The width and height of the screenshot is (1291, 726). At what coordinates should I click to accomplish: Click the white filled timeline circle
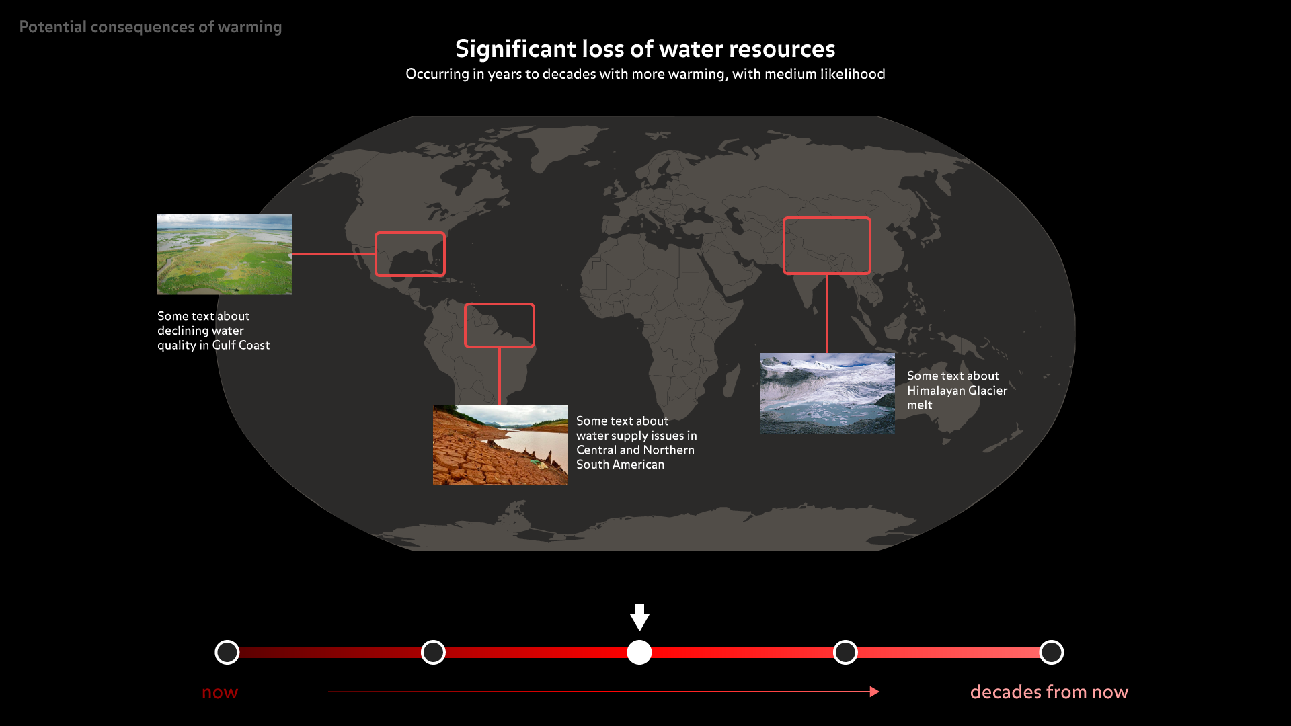pyautogui.click(x=639, y=652)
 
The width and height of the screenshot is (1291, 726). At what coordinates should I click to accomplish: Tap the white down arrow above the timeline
pyautogui.click(x=639, y=617)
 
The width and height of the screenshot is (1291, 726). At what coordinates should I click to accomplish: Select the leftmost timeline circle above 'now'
pyautogui.click(x=227, y=652)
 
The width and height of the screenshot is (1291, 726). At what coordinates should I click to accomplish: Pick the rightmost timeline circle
pyautogui.click(x=1052, y=652)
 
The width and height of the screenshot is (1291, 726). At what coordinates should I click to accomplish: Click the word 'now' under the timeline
pyautogui.click(x=220, y=692)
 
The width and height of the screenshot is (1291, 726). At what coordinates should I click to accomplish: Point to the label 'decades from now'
pyautogui.click(x=1049, y=692)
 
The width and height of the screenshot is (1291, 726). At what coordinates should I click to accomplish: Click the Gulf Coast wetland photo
pyautogui.click(x=224, y=254)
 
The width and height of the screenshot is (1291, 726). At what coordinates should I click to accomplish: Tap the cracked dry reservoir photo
pyautogui.click(x=500, y=445)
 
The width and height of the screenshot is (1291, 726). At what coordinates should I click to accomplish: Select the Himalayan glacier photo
pyautogui.click(x=827, y=393)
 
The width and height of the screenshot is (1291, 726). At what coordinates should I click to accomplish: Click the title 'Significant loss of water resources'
pyautogui.click(x=645, y=49)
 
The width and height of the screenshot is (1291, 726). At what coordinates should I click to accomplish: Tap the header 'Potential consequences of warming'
pyautogui.click(x=151, y=27)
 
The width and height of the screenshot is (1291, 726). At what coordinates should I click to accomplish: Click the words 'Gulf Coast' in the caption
pyautogui.click(x=241, y=345)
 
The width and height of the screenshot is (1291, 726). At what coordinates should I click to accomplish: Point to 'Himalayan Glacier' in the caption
pyautogui.click(x=957, y=391)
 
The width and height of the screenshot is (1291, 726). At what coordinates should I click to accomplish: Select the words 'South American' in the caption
pyautogui.click(x=620, y=465)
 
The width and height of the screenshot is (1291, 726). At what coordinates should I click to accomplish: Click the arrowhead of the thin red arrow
pyautogui.click(x=874, y=692)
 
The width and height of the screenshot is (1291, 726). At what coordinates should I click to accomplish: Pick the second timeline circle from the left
pyautogui.click(x=433, y=652)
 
